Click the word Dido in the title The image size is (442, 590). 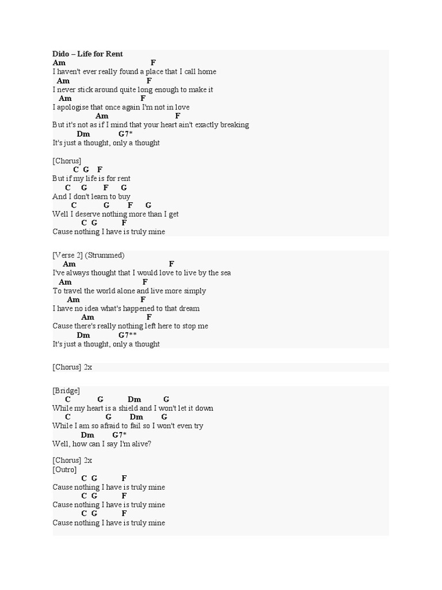61,54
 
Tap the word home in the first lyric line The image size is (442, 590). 206,71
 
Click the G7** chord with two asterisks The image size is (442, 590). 128,335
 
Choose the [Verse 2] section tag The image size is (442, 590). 68,255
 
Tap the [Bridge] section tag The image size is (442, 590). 66,391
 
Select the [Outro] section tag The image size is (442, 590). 64,470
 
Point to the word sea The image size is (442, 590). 225,273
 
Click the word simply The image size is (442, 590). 195,291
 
